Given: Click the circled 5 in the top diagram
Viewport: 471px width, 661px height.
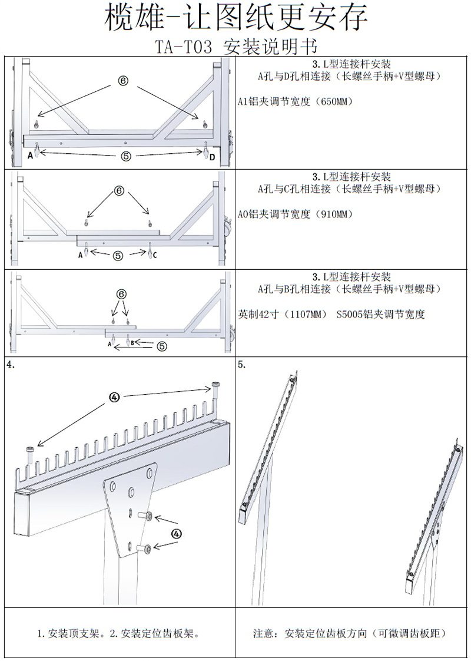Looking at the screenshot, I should point(126,156).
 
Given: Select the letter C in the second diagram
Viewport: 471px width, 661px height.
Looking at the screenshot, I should point(155,256).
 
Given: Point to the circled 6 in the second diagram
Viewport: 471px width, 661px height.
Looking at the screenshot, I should point(119,191).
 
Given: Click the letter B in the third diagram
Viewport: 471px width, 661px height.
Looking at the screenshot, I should point(132,342).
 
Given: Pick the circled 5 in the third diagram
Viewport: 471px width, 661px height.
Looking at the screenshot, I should point(162,346).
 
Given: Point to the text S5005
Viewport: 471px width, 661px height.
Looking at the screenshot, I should point(349,315).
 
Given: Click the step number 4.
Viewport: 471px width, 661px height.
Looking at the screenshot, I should point(10,365).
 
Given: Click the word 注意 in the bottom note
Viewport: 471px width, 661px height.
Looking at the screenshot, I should point(262,634).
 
